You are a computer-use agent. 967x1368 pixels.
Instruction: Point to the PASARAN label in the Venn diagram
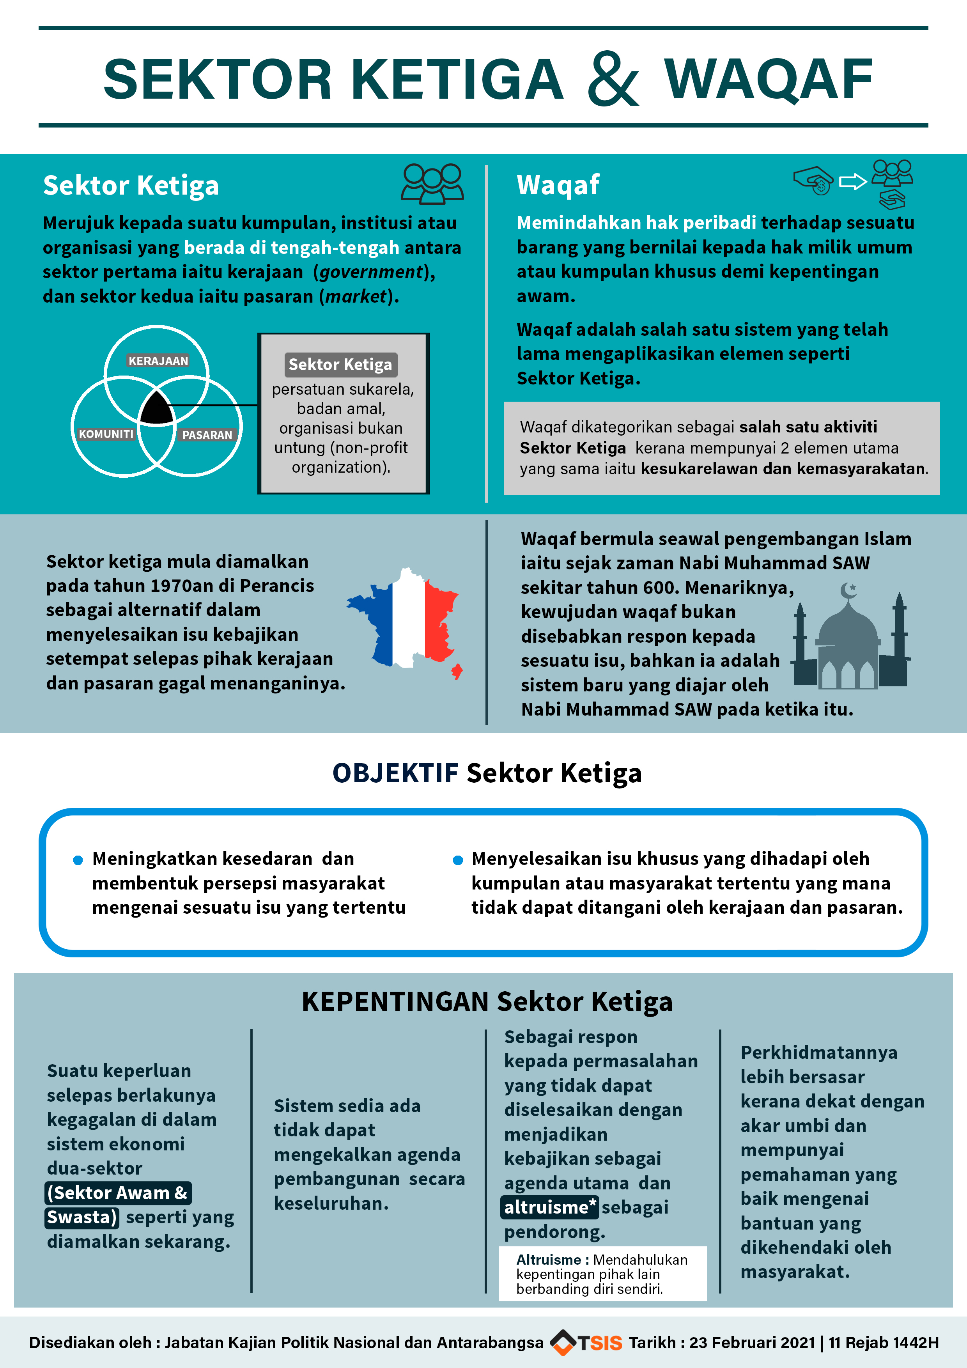[x=207, y=435]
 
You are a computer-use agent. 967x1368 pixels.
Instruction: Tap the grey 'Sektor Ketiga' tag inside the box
[x=340, y=365]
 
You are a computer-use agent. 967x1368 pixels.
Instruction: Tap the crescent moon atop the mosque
[x=848, y=590]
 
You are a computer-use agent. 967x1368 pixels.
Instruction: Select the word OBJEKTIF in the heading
[x=395, y=773]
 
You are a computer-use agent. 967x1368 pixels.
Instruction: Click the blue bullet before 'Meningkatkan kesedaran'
[x=78, y=860]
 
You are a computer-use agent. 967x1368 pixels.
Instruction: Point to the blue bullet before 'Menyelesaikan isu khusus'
[x=458, y=860]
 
